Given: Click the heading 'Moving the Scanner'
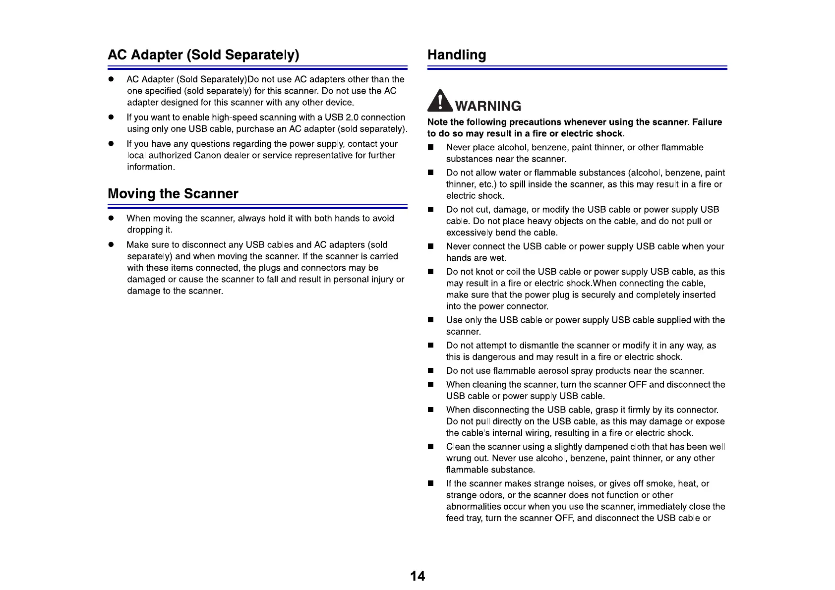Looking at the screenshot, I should tap(173, 193).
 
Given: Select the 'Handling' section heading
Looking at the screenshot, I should tap(457, 55).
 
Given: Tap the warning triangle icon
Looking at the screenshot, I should tap(440, 101).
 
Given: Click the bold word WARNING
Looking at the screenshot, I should tap(488, 106).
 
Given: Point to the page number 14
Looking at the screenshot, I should tap(417, 576).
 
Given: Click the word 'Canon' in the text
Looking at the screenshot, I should tap(207, 155).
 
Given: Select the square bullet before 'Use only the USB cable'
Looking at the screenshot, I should tap(431, 320).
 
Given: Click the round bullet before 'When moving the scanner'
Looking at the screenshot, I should tap(112, 219).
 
